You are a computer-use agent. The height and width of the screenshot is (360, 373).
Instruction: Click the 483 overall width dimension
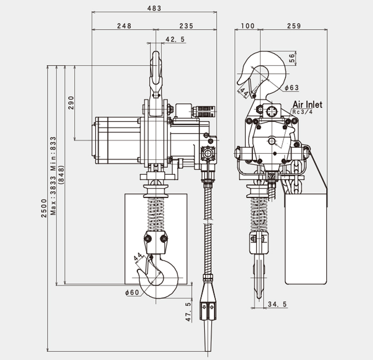coord(155,8)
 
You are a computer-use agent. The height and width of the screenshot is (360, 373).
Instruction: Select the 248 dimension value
coord(124,26)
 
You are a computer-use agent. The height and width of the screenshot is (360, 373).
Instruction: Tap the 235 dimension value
coord(186,26)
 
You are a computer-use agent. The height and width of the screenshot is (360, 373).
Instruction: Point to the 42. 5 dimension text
coord(175,40)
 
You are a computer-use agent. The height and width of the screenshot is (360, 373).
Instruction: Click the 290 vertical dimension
coord(71,103)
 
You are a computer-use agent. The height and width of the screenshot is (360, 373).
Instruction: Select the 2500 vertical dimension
coord(44,208)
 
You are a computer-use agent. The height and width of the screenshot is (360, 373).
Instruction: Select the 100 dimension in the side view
coord(247,26)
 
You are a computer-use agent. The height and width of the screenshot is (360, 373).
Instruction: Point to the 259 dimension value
coord(294,26)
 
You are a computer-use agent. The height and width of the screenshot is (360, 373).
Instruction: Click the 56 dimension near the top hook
coord(292,57)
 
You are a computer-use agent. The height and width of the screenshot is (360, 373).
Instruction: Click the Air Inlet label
coord(307,105)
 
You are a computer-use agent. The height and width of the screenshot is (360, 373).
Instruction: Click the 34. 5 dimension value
coord(277,304)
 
